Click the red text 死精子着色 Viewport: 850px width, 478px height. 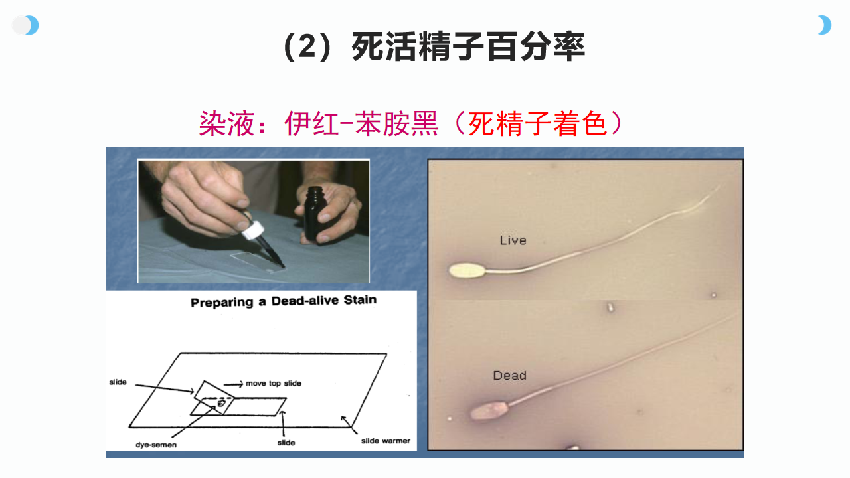point(537,123)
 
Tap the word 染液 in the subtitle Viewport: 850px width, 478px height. point(226,123)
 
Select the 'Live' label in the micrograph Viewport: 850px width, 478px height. point(513,240)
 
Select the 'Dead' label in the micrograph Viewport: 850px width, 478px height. point(509,376)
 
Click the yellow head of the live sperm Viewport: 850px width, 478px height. point(467,271)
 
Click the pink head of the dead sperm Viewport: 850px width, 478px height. point(489,411)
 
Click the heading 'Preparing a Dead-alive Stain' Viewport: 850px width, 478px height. point(284,301)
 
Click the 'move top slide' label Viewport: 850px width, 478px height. point(274,384)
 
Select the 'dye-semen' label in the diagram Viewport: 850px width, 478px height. point(156,445)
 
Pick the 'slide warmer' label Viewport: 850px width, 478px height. point(386,441)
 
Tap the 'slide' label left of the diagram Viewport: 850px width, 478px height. point(118,382)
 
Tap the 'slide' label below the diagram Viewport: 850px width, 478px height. point(286,443)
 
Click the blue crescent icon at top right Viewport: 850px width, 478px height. point(825,25)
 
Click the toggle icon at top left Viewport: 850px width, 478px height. point(25,25)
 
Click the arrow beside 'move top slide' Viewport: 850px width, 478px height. point(233,384)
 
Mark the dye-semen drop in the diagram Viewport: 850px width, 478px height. point(221,403)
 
